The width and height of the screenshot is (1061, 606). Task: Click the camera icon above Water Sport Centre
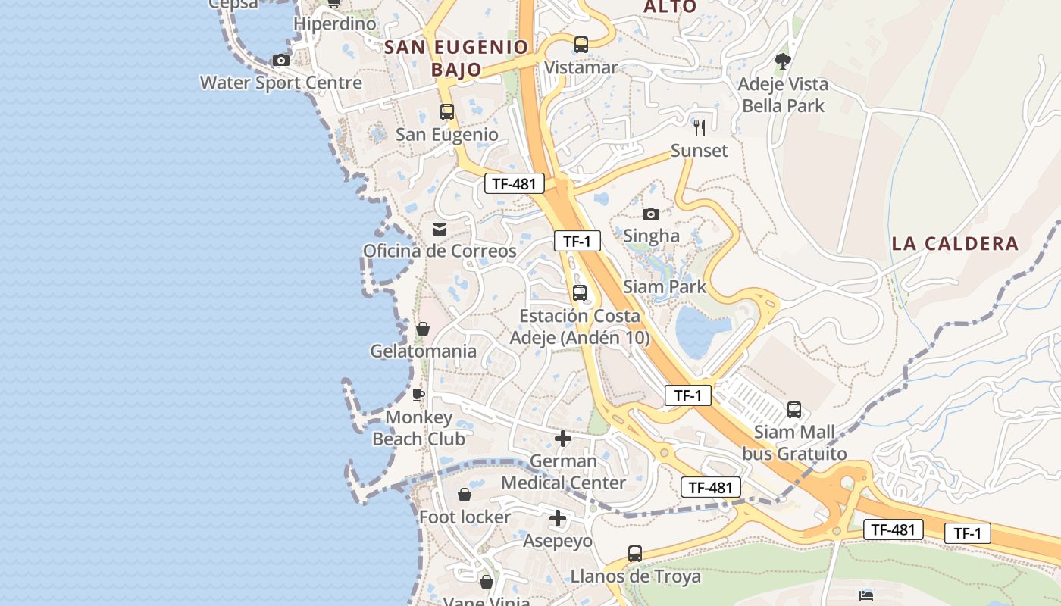pos(281,60)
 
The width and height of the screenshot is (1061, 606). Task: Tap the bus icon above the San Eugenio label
pos(447,112)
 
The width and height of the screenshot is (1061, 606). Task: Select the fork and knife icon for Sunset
pos(700,127)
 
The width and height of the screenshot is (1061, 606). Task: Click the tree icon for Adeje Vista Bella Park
pos(783,61)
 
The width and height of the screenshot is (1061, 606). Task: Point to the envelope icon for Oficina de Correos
pos(440,230)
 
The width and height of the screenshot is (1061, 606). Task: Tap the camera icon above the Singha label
pos(651,214)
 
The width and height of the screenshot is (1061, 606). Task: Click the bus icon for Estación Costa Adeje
pos(580,292)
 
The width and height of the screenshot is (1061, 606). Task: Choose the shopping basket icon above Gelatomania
pos(423,329)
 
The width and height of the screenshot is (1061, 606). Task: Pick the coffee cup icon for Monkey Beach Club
pos(418,395)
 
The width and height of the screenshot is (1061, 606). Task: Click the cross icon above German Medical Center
pos(563,439)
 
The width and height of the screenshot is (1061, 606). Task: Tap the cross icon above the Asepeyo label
pos(558,518)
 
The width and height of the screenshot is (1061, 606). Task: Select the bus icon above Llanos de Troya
pos(635,554)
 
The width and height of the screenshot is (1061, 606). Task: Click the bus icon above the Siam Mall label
pos(794,410)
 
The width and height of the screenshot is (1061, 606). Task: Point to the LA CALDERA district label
pos(955,244)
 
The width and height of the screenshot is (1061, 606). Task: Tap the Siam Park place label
pos(665,287)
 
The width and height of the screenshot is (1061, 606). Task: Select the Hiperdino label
pos(335,23)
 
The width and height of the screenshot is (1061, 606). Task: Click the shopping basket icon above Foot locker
pos(465,495)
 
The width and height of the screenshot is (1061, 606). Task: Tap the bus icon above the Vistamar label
pos(581,45)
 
